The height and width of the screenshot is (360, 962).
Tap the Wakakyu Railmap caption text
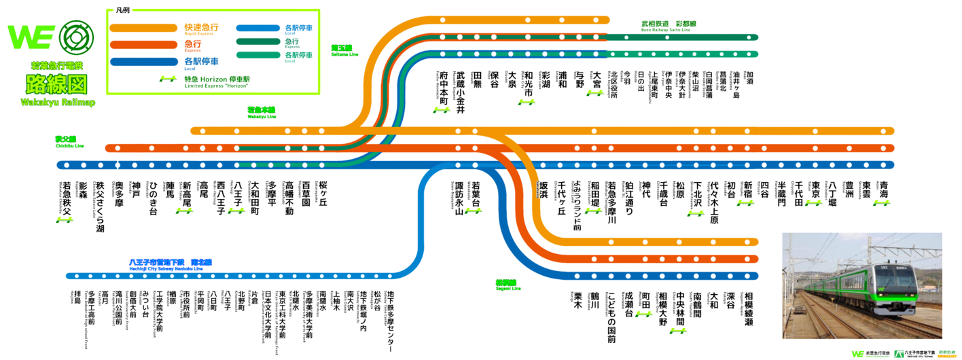click(x=57, y=102)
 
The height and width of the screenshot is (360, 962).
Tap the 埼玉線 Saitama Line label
click(x=342, y=49)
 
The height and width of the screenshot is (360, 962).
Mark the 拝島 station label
click(x=77, y=299)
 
